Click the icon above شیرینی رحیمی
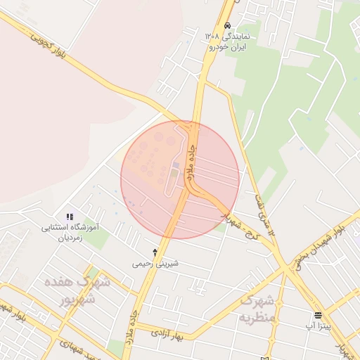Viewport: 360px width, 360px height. point(155,252)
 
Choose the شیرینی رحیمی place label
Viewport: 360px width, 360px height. point(155,264)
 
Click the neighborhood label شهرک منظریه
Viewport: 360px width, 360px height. point(257,309)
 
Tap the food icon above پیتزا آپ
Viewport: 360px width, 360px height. point(318,314)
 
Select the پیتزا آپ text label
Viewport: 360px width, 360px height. point(318,326)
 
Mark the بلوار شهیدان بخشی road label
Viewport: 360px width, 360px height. point(320,243)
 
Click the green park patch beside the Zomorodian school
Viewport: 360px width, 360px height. point(98,238)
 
